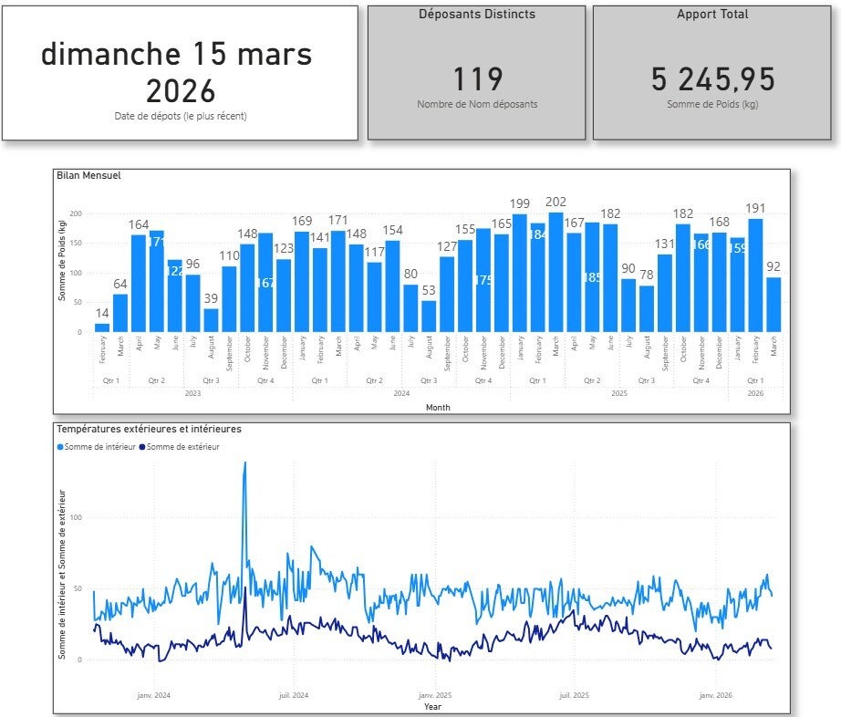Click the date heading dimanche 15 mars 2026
click(177, 71)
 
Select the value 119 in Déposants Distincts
click(477, 79)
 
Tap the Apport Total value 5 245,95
click(713, 79)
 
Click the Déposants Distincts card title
click(477, 15)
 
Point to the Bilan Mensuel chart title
click(88, 175)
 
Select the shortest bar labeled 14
click(102, 327)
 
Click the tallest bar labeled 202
click(556, 272)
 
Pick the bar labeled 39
click(211, 320)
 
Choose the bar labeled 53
click(429, 316)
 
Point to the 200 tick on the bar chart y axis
click(77, 213)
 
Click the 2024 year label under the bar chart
click(401, 393)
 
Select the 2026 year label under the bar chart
click(755, 393)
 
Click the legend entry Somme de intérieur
click(96, 447)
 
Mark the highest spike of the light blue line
click(244, 463)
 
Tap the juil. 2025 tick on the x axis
click(573, 695)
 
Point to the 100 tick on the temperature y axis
click(76, 517)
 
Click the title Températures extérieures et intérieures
click(149, 428)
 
